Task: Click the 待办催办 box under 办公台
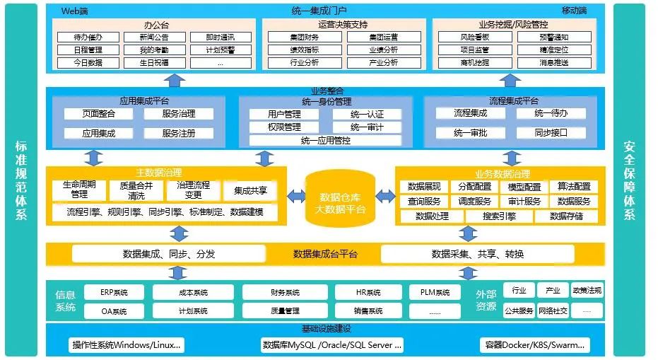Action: click(88, 37)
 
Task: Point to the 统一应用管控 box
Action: click(325, 140)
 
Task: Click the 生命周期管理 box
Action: click(79, 189)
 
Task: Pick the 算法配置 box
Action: click(573, 187)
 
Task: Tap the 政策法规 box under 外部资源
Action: click(587, 291)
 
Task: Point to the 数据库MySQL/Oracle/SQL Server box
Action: click(331, 345)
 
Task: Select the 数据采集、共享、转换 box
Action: click(478, 254)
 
